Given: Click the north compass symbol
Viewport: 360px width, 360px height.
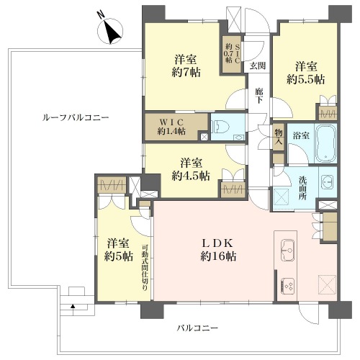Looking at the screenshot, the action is (x=110, y=32).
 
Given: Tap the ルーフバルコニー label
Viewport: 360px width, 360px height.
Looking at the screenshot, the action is (x=76, y=117).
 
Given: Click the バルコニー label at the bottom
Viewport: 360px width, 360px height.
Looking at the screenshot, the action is (x=197, y=328).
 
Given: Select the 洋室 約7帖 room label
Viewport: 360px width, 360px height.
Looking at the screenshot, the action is (x=186, y=66).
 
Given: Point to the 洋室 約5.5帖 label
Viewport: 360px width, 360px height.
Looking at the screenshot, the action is (x=306, y=73).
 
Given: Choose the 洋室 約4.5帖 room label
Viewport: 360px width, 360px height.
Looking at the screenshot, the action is (x=191, y=169).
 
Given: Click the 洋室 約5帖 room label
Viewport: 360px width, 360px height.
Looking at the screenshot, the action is (x=119, y=250).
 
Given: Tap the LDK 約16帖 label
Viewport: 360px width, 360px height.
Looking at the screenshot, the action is (x=218, y=250).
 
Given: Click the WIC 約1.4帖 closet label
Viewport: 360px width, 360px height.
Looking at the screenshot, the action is (x=171, y=127).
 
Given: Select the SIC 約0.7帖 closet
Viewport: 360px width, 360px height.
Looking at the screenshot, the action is (x=232, y=54).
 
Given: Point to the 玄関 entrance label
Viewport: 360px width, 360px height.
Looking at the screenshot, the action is (x=258, y=66).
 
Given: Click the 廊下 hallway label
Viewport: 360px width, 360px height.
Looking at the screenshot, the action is (x=258, y=96).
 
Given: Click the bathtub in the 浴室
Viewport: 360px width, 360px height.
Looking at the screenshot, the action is (x=325, y=143).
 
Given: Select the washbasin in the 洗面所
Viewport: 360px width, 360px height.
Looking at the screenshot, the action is (x=328, y=182).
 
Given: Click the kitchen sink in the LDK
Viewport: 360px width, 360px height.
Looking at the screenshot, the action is (x=287, y=250).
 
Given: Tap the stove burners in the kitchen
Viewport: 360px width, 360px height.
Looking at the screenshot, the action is (x=287, y=285).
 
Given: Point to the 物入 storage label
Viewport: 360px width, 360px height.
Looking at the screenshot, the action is (x=279, y=136).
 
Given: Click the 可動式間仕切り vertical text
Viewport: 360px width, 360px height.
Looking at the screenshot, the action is (x=145, y=268).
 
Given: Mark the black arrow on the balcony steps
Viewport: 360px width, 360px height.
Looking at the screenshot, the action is (x=73, y=306).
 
